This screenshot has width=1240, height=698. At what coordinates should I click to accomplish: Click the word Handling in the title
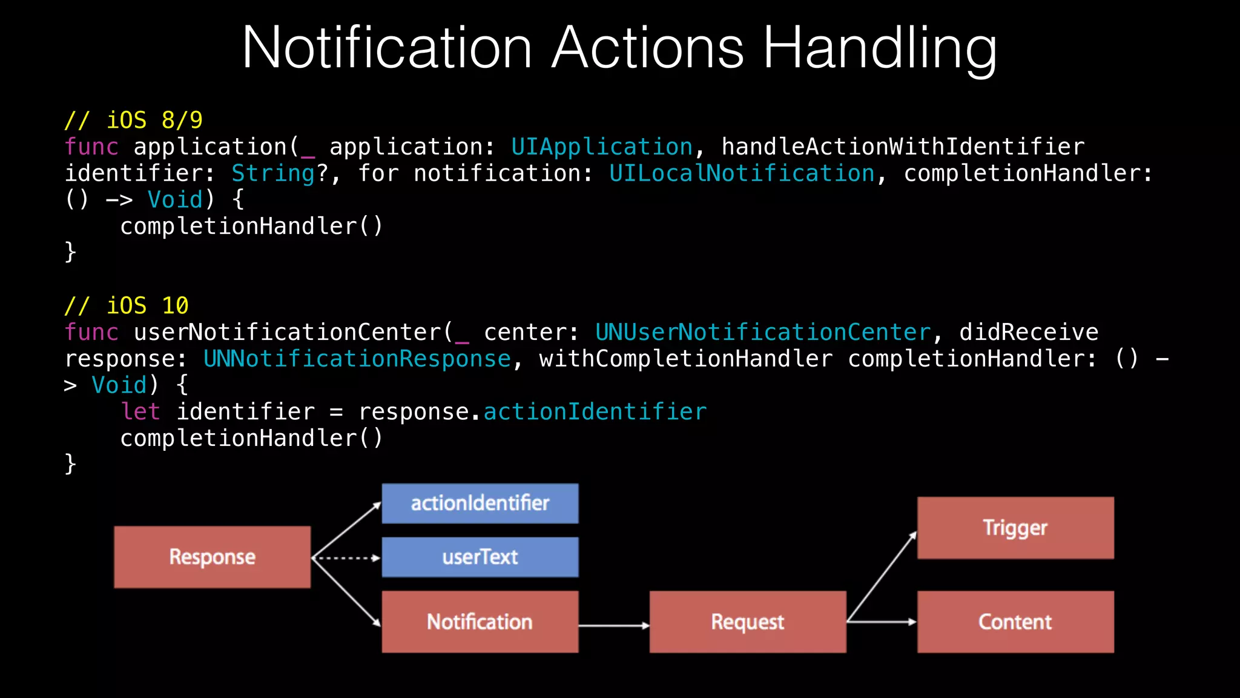point(879,48)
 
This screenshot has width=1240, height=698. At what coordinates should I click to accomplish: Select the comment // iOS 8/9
point(134,120)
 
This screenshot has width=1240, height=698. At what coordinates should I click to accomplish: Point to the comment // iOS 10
point(127,305)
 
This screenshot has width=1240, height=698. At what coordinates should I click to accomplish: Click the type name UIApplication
point(602,147)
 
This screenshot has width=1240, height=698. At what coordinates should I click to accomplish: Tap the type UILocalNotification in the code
point(742,173)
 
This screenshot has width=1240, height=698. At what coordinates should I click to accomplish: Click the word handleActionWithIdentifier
point(903,147)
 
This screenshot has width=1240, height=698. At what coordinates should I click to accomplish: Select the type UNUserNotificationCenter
point(763,332)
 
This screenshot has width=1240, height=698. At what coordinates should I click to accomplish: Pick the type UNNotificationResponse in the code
point(357,359)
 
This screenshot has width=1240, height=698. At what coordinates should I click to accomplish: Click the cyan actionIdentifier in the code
point(595,412)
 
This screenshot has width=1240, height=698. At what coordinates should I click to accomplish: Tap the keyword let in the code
point(140,412)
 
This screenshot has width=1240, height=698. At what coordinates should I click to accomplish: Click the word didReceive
point(1029,332)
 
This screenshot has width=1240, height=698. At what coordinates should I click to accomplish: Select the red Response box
point(212,557)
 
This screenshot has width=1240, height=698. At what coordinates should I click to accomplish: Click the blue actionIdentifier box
point(480,504)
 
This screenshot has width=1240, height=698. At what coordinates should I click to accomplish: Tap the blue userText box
point(480,557)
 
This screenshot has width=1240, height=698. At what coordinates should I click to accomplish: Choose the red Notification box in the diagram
point(480,622)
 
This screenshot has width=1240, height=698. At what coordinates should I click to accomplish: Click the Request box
point(748,622)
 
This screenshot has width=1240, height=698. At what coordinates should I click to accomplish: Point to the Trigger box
point(1015,528)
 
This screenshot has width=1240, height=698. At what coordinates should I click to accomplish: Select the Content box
point(1015,622)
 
